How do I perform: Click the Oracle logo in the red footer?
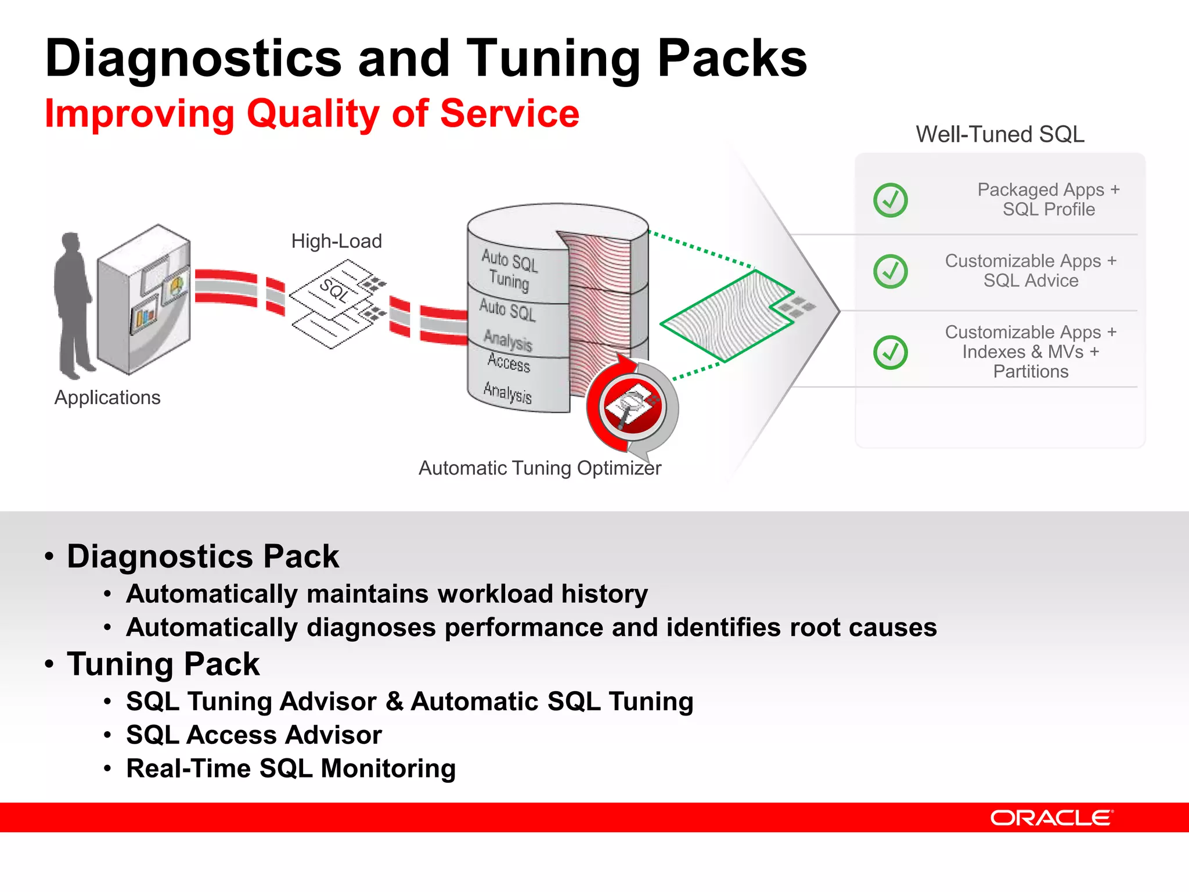click(1051, 818)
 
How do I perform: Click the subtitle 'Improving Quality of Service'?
click(312, 113)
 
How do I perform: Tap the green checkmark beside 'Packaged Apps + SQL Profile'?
click(890, 200)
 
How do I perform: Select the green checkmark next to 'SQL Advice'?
click(890, 271)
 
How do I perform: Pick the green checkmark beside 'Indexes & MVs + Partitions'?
click(890, 352)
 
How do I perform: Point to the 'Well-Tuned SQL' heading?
click(1000, 134)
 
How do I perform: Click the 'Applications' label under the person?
click(107, 398)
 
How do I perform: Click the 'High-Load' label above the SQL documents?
click(337, 241)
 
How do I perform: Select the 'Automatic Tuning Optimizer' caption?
click(540, 468)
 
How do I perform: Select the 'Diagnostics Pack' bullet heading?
click(203, 556)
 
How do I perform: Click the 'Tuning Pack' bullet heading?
click(163, 664)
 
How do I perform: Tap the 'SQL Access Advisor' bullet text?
click(254, 735)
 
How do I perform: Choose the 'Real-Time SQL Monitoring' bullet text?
click(291, 769)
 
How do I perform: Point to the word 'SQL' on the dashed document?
click(334, 290)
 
